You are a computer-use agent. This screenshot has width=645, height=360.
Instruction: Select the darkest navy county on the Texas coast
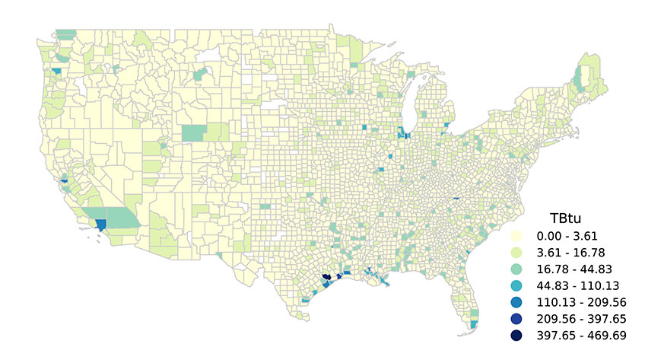pyautogui.click(x=326, y=278)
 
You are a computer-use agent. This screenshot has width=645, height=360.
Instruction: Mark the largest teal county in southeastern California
pyautogui.click(x=122, y=218)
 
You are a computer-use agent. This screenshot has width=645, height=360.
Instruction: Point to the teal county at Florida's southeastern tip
pyautogui.click(x=474, y=324)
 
